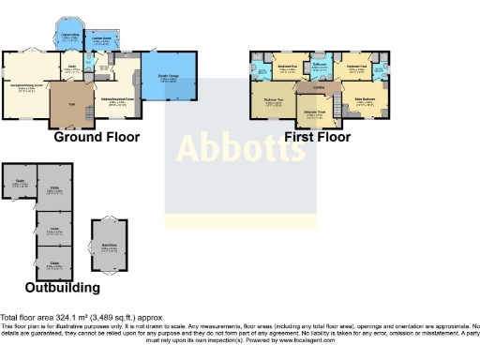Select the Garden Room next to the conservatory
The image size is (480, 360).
click(100, 40)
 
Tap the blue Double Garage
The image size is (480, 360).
click(169, 82)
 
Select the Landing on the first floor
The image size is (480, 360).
click(319, 90)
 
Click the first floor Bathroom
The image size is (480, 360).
click(318, 66)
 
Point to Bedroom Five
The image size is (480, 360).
click(288, 67)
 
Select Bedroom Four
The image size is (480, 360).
click(355, 67)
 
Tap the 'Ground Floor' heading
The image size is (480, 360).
click(97, 137)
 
